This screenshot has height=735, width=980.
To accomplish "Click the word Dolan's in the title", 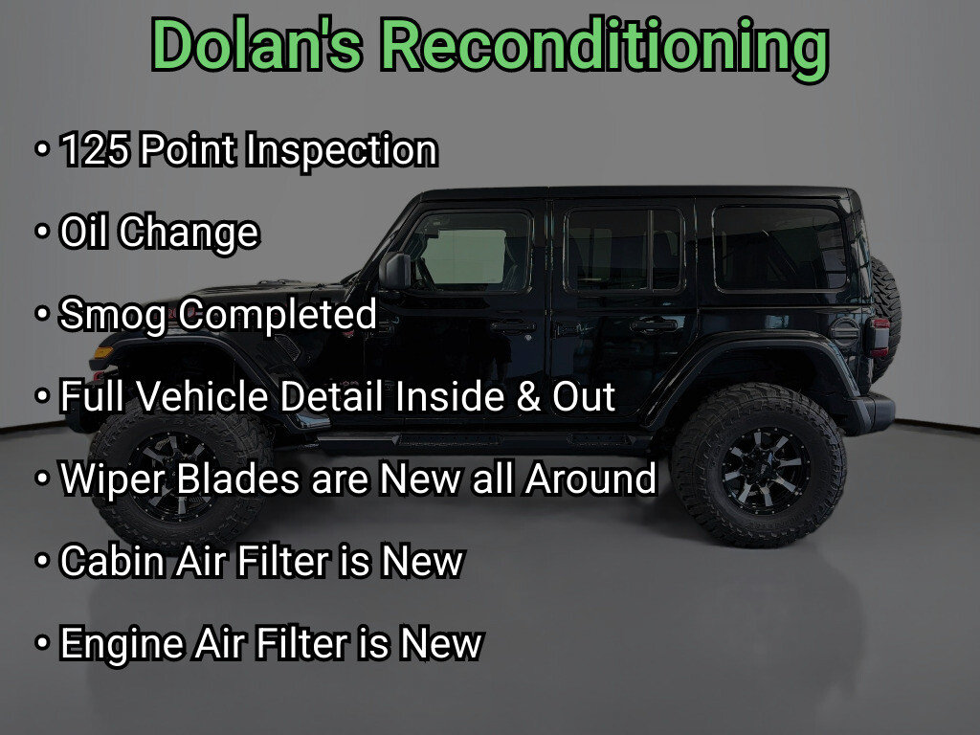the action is pos(256,44).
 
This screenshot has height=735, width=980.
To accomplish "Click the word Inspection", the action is pos(342,151).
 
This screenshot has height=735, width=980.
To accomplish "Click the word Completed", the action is pos(278,314).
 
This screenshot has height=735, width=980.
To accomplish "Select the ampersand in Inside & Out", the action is pos(528,397).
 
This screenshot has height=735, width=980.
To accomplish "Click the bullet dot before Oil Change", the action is pos(42,232).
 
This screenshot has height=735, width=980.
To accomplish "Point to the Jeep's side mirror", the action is pos(395,271).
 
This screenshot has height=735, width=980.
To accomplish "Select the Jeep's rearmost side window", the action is pos(780,248).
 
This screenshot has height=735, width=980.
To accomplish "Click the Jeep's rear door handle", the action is pos(654,325).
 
